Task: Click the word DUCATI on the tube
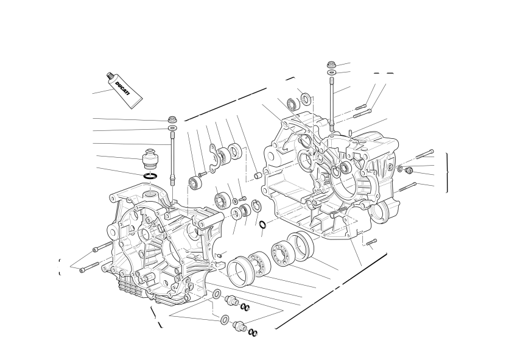[122, 88]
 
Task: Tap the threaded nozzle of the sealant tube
[110, 77]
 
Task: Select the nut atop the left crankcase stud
[172, 119]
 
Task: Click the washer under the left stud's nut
[173, 128]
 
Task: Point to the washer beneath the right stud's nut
[331, 72]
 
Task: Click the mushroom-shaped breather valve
[151, 158]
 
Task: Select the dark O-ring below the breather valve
[150, 176]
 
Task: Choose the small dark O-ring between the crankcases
[263, 224]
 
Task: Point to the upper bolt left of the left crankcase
[102, 247]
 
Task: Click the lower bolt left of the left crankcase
[90, 266]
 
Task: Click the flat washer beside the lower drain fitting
[224, 319]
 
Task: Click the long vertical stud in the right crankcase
[332, 105]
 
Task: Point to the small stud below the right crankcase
[371, 242]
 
